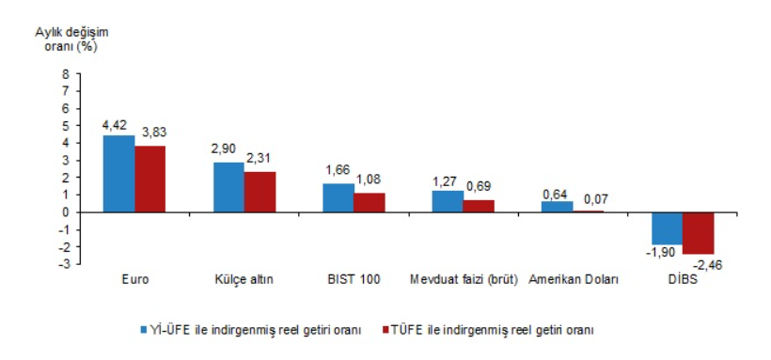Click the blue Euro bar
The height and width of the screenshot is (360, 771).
click(x=118, y=174)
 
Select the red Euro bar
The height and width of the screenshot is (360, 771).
click(x=150, y=179)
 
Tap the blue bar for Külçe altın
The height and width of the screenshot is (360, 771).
click(x=228, y=187)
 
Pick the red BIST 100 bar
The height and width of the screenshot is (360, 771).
click(x=370, y=203)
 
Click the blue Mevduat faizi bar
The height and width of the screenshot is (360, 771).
click(x=448, y=201)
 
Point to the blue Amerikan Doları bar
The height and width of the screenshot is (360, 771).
click(x=558, y=207)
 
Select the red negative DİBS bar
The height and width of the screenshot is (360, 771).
click(x=699, y=233)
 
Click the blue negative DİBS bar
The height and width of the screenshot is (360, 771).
click(x=667, y=228)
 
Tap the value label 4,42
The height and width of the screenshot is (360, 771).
click(x=114, y=125)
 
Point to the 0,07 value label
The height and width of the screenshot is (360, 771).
click(x=595, y=199)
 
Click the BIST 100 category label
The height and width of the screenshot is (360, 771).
click(x=353, y=280)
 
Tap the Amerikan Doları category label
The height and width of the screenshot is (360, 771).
click(x=574, y=280)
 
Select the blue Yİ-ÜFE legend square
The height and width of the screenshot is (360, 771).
click(x=144, y=330)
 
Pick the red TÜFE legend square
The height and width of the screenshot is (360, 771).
click(x=385, y=330)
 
